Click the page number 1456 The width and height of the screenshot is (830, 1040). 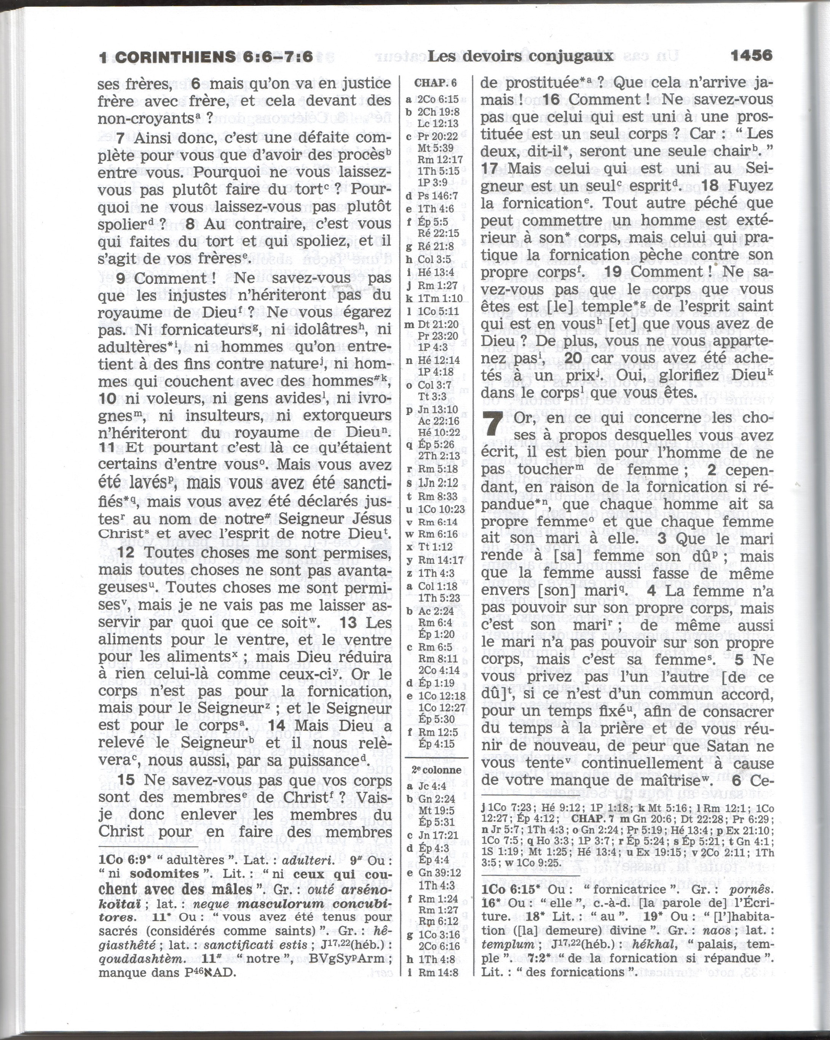click(751, 56)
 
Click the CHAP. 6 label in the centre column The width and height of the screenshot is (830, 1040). click(435, 83)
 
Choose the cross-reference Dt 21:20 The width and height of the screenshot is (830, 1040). click(438, 324)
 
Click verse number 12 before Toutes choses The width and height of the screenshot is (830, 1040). click(126, 553)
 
